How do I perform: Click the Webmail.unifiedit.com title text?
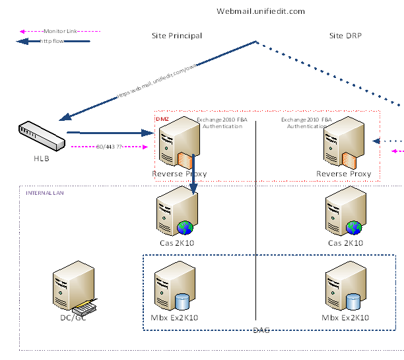[261, 11]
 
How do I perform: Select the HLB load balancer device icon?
[42, 135]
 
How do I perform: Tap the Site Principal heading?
[177, 36]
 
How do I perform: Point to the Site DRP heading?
[345, 36]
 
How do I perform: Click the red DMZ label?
[162, 119]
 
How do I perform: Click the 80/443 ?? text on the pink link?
[109, 147]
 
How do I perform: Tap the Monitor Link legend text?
[63, 31]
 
